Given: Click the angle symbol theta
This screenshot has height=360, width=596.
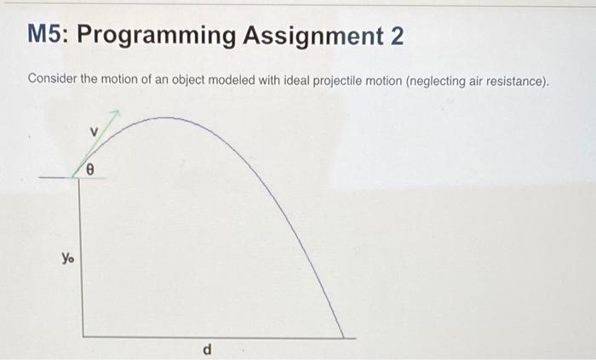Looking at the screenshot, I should [x=99, y=170].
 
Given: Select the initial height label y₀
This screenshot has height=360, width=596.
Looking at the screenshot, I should [x=66, y=256].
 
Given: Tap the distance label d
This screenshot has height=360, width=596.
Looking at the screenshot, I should [x=207, y=350].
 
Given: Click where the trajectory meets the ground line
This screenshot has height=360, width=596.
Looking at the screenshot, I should [x=345, y=337].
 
